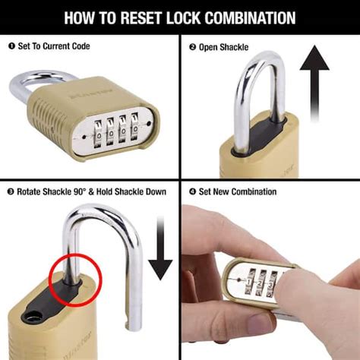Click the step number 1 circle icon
click(11, 46)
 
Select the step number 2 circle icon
click(191, 46)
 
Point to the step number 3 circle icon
click(11, 191)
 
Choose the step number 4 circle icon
click(191, 191)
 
